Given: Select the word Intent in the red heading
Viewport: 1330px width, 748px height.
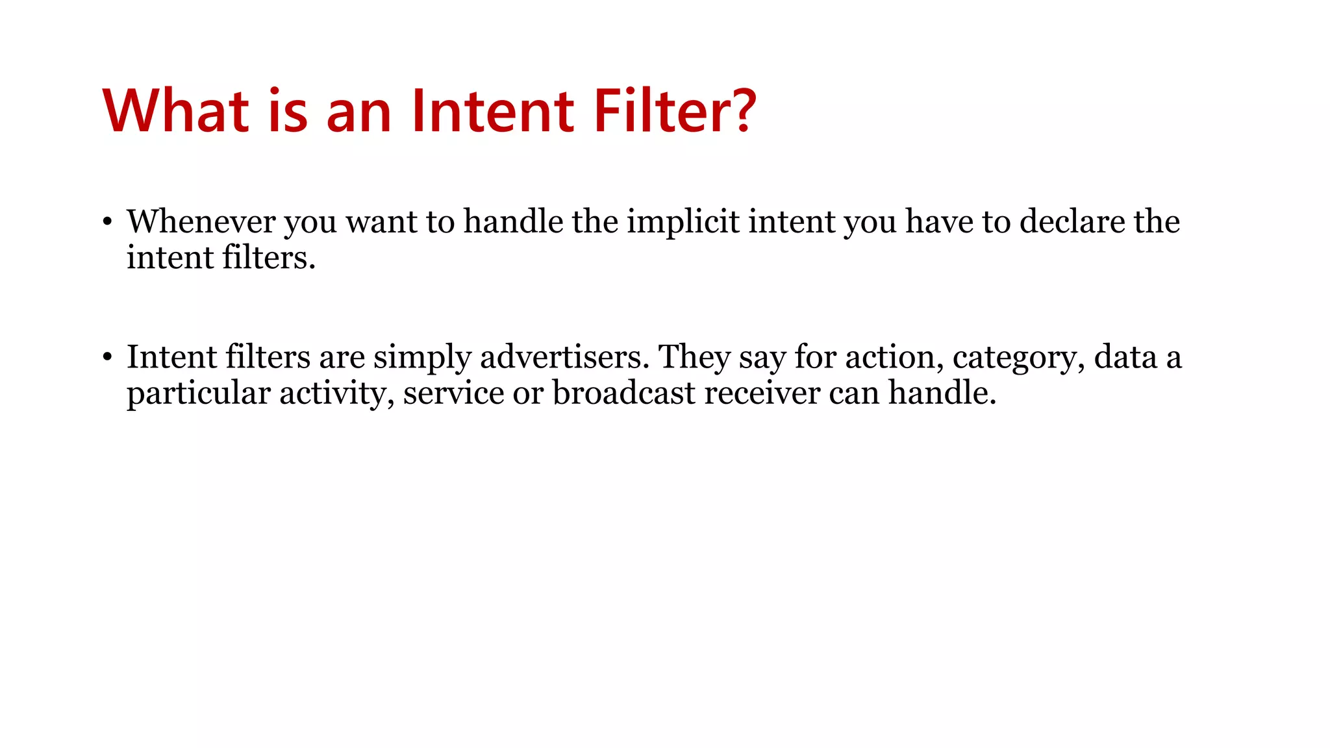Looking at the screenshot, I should [x=492, y=111].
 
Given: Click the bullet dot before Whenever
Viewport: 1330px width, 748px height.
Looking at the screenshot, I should [x=108, y=222].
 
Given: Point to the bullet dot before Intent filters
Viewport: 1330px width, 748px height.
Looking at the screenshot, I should [x=108, y=357].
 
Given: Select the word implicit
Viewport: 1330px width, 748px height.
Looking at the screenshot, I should [x=683, y=222].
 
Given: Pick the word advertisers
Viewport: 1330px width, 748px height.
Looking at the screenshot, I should [x=564, y=357].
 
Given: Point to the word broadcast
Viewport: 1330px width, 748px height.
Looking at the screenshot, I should [x=624, y=393].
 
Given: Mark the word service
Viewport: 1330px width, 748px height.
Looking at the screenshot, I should [x=453, y=393].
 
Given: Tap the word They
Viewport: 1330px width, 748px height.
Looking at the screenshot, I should [x=694, y=357].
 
